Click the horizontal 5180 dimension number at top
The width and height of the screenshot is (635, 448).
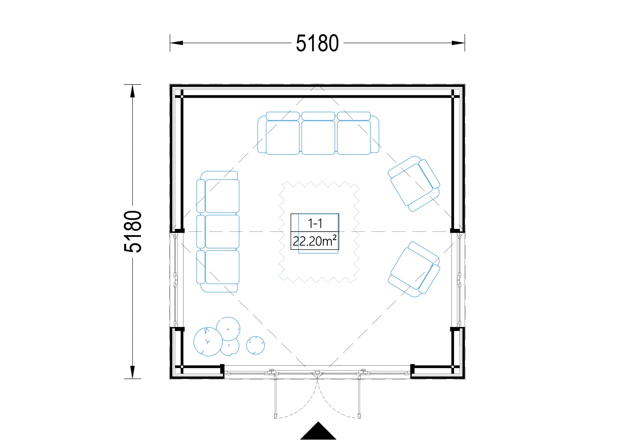coord(317,43)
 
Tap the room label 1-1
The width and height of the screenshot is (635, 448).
coord(315,223)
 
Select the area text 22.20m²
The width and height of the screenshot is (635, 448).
coord(315,241)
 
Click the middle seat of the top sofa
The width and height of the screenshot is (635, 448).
coord(318,137)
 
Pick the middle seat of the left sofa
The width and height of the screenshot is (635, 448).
coord(222,232)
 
